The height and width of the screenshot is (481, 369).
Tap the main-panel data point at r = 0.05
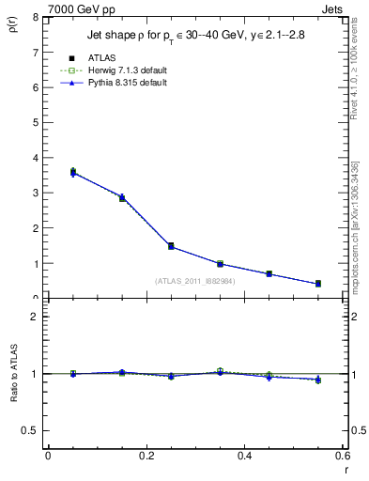tap(72, 172)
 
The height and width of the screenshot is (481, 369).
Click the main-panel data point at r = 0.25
tap(171, 246)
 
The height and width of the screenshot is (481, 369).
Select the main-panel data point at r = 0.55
tap(318, 284)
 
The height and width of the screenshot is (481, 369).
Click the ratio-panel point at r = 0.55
tap(318, 380)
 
